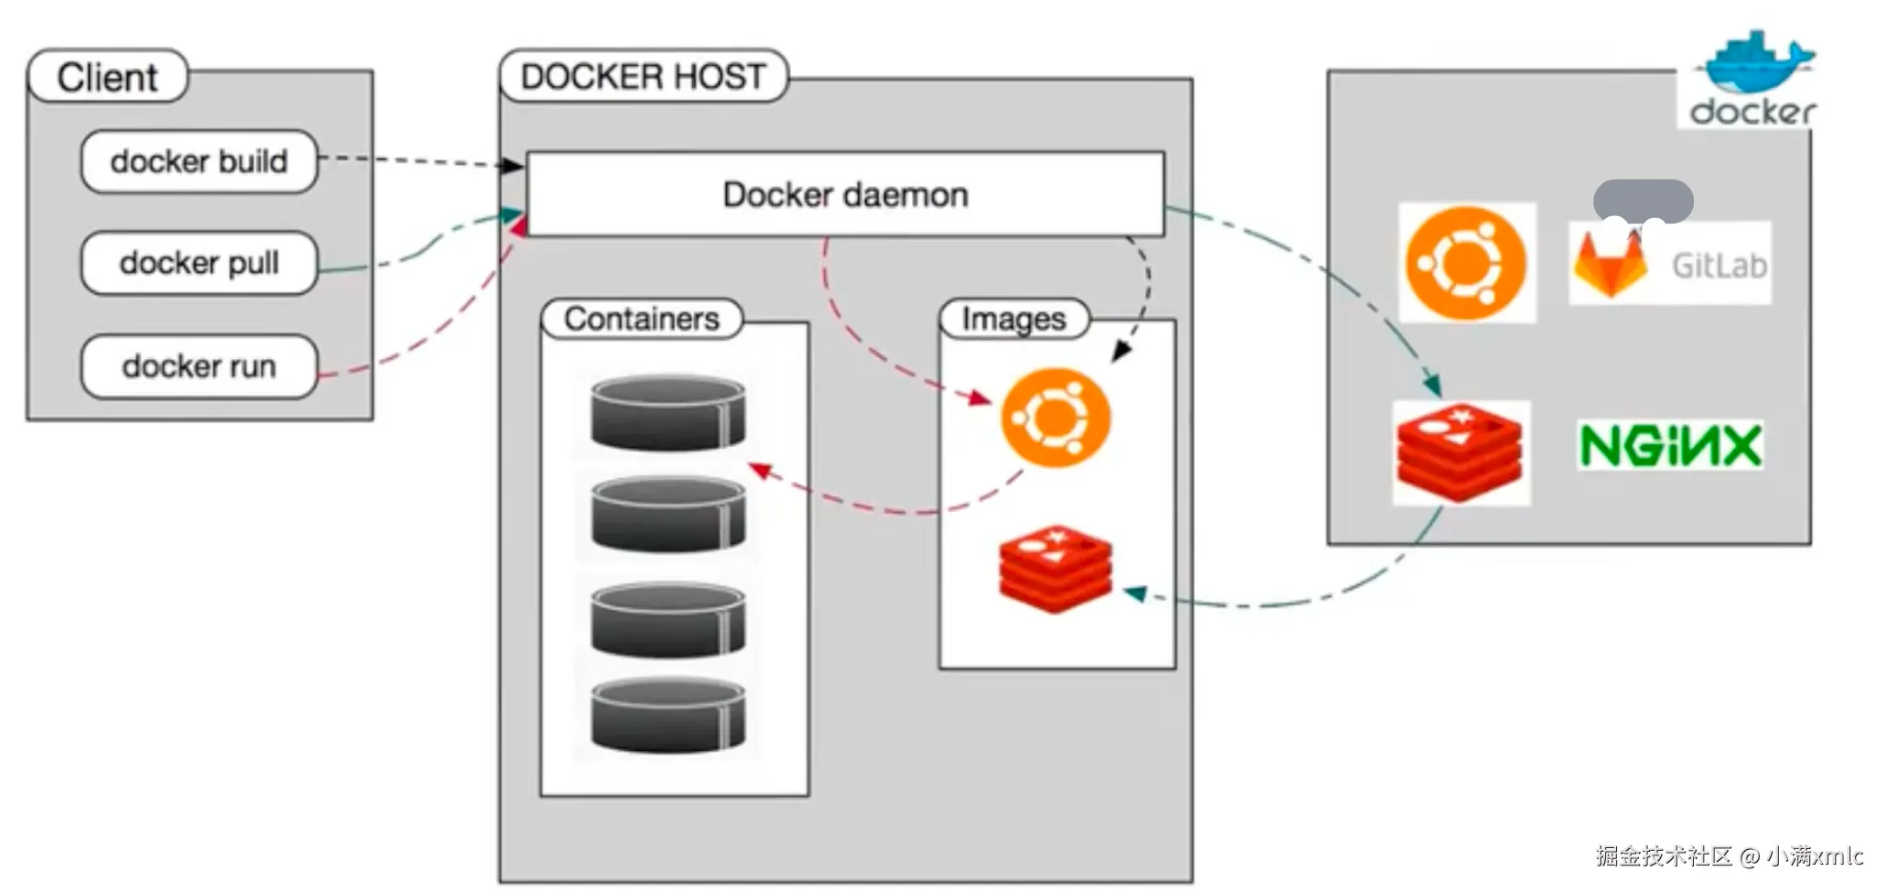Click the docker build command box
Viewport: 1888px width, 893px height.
pos(199,162)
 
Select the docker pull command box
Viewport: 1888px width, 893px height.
pos(199,264)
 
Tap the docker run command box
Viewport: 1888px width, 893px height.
pos(199,366)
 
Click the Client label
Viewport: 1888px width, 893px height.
pos(107,77)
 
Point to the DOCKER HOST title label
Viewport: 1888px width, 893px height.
pos(643,76)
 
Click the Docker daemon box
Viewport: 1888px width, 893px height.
pos(845,195)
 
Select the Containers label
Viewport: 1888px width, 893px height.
pos(641,319)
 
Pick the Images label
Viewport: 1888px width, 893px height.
pos(1014,319)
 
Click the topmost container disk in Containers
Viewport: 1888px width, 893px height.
pos(667,412)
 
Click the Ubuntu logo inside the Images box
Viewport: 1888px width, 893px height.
pos(1056,418)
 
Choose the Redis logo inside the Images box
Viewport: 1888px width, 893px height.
pos(1056,568)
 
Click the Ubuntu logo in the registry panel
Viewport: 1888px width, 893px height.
pos(1466,263)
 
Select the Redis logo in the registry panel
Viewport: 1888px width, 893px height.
pos(1460,452)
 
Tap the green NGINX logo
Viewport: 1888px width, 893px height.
pos(1670,446)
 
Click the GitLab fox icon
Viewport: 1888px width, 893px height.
pos(1610,265)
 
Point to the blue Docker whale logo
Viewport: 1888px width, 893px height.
pos(1754,64)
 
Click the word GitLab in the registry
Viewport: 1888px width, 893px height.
pos(1719,266)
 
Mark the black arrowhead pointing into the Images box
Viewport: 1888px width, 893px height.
pos(1121,352)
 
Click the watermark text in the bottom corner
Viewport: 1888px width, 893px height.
pos(1729,856)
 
